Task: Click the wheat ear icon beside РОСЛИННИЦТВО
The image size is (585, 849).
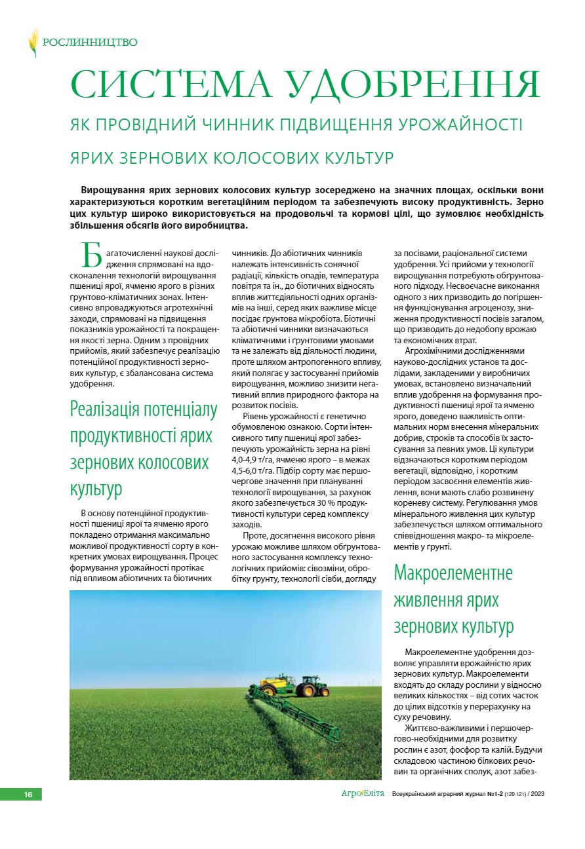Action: pyautogui.click(x=33, y=43)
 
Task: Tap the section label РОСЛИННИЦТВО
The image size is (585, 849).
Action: pyautogui.click(x=90, y=43)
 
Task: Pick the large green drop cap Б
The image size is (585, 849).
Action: pyautogui.click(x=92, y=255)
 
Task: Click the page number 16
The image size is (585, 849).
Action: pyautogui.click(x=28, y=795)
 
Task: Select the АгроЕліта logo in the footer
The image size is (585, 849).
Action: pyautogui.click(x=363, y=794)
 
